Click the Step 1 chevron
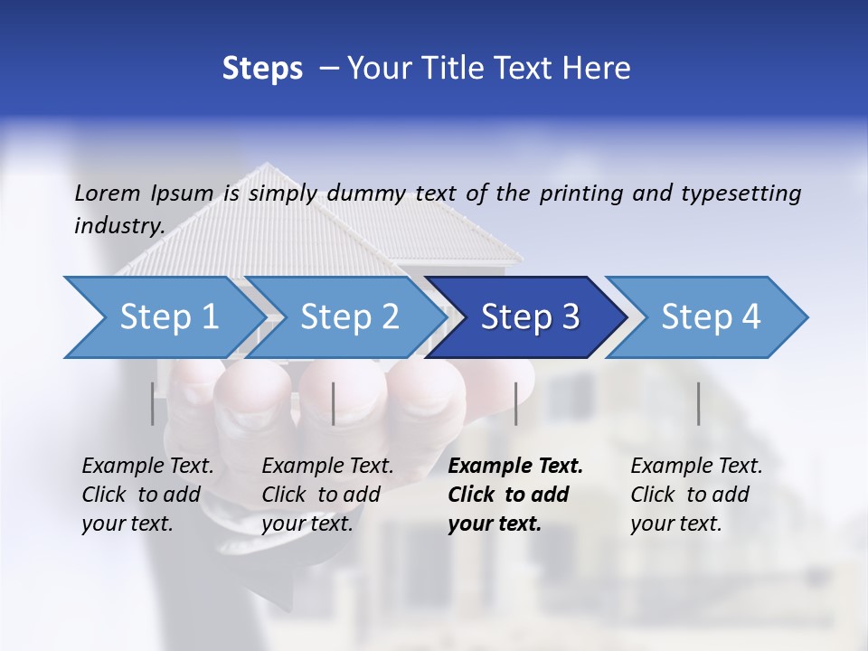(x=169, y=317)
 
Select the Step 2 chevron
(x=349, y=317)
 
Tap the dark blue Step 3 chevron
(x=530, y=317)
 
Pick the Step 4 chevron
(x=711, y=317)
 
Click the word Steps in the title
(x=262, y=68)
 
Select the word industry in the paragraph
(x=119, y=225)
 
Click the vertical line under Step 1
(x=153, y=403)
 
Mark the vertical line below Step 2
(x=334, y=403)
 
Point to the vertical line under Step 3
(x=516, y=403)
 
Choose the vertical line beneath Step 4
(x=699, y=403)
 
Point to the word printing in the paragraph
(x=581, y=193)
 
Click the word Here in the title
(x=598, y=68)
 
